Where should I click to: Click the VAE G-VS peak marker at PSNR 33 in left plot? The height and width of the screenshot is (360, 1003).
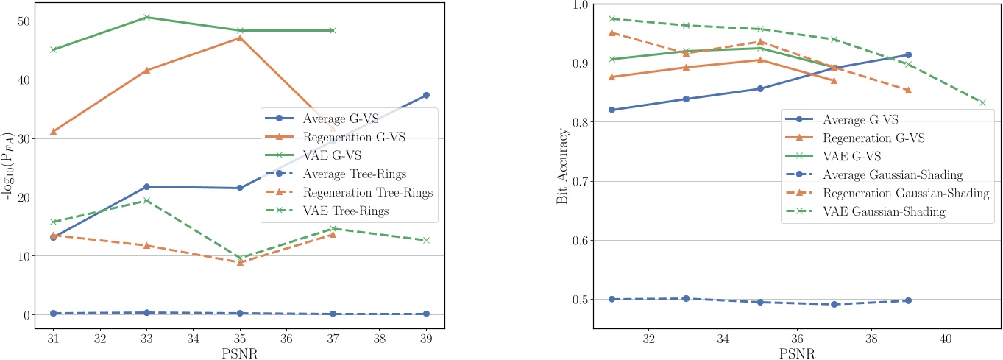[x=146, y=17]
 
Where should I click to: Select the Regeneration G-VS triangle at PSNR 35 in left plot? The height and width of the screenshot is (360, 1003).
[x=240, y=38]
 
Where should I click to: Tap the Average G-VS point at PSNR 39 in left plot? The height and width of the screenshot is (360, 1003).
[x=426, y=95]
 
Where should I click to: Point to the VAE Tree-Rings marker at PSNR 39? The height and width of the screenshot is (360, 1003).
[x=426, y=240]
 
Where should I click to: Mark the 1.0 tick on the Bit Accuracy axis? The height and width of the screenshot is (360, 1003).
[x=575, y=5]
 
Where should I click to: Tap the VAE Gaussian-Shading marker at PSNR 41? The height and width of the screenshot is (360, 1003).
[x=982, y=102]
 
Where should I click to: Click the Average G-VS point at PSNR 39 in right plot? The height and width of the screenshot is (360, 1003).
[x=908, y=54]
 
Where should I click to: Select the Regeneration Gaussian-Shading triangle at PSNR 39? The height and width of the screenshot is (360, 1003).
[x=908, y=91]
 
